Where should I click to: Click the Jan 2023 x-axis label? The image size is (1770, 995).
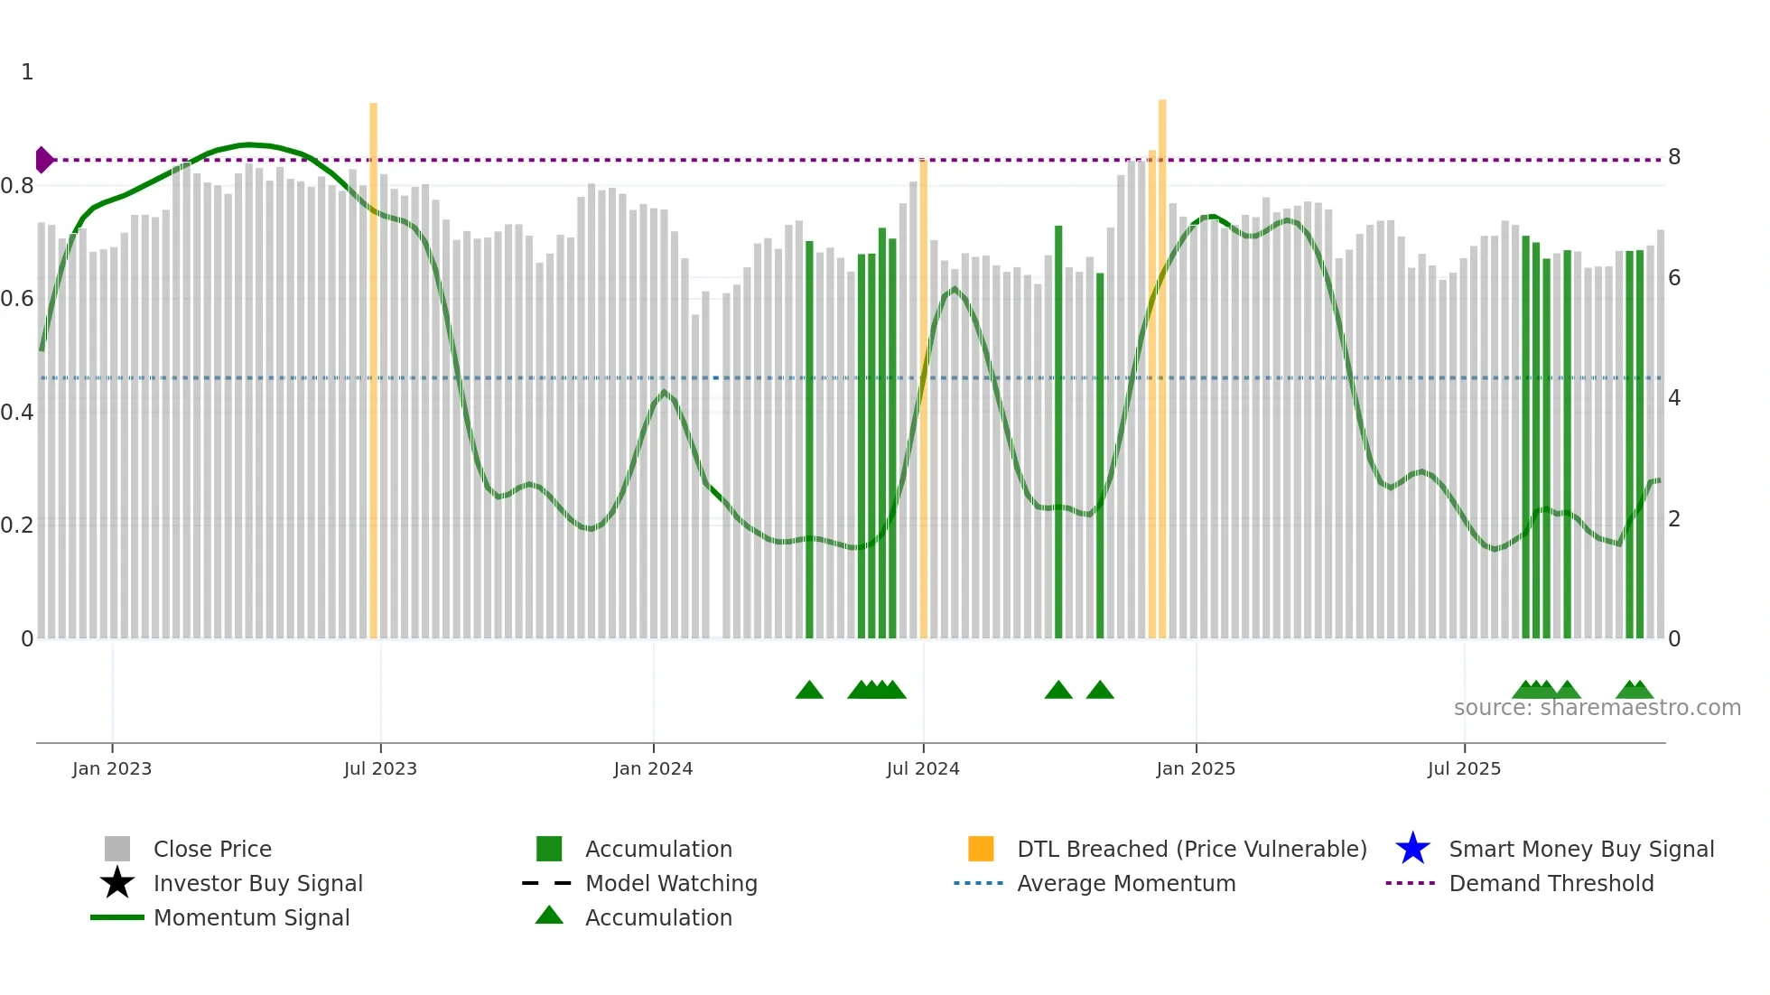[112, 768]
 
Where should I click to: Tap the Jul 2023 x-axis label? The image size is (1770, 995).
[380, 768]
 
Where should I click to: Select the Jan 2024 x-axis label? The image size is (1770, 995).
[653, 768]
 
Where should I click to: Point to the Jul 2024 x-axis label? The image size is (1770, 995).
[923, 768]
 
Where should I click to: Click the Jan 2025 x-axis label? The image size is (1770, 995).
[1196, 768]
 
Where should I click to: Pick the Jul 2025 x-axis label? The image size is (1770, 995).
[1464, 768]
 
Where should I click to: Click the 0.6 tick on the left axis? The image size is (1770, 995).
[17, 299]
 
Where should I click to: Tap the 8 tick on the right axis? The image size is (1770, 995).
[1674, 157]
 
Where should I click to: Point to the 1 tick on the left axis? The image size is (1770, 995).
[27, 72]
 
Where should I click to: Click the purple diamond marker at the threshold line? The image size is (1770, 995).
[43, 160]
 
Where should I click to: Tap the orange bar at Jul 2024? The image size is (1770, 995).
[923, 397]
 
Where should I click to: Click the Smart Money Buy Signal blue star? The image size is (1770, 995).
[1412, 849]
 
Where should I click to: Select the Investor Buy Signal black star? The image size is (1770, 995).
[117, 883]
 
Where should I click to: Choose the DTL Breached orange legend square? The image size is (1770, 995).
[981, 849]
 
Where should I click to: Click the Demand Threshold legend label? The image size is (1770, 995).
[1551, 883]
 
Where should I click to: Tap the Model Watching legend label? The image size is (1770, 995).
[671, 883]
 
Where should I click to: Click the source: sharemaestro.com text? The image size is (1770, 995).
[1597, 708]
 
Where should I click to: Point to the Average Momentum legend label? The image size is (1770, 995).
[1126, 883]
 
